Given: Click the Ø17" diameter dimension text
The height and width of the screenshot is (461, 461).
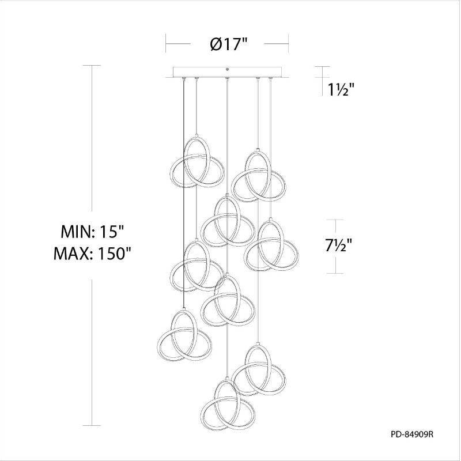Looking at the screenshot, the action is click(x=229, y=44).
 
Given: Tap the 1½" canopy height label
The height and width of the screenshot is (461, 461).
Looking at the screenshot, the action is click(x=341, y=89).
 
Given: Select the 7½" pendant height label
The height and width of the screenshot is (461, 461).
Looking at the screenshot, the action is click(x=338, y=245).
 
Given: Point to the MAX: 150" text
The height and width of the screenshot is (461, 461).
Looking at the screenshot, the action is click(x=92, y=254).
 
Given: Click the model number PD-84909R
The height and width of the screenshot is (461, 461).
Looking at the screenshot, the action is click(x=412, y=434).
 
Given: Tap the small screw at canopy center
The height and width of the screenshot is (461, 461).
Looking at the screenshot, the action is click(x=227, y=69).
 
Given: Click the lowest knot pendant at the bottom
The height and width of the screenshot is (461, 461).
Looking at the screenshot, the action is click(x=228, y=403).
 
